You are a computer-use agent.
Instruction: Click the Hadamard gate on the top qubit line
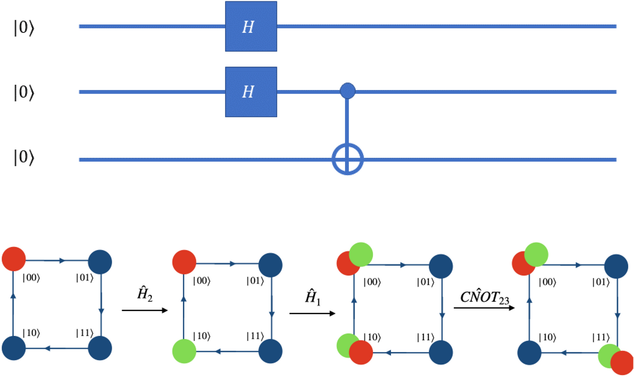coord(251,27)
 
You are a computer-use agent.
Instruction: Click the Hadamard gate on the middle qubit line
coord(251,92)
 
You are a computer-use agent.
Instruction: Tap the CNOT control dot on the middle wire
coord(347,91)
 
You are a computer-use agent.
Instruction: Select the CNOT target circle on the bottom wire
coord(347,159)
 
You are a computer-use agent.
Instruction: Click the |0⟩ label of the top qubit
coord(24,28)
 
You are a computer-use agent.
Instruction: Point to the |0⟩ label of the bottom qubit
coord(24,157)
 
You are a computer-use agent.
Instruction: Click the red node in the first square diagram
coord(14,259)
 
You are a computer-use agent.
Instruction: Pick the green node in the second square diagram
coord(184,351)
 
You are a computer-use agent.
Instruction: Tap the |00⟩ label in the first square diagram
coord(31,278)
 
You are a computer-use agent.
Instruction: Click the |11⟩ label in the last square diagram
coord(601,338)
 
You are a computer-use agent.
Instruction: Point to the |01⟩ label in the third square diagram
coord(426,282)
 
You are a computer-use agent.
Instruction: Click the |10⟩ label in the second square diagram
coord(202,336)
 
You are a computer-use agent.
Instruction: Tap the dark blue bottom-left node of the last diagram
coord(529,353)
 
